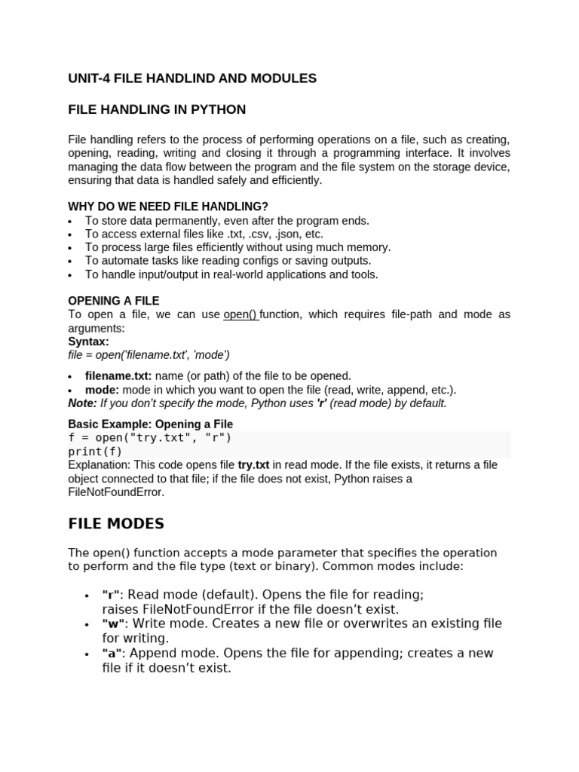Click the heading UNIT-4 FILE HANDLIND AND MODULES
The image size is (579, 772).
click(x=192, y=78)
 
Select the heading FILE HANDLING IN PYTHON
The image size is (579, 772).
click(x=157, y=110)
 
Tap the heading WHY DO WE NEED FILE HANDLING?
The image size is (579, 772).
click(x=168, y=207)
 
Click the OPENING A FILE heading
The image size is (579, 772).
click(x=114, y=301)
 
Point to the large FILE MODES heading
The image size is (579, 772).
click(x=116, y=523)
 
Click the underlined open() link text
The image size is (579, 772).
click(x=240, y=314)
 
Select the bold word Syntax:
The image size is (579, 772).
click(x=88, y=342)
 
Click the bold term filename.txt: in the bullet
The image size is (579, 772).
click(x=118, y=375)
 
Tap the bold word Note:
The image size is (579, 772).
click(x=82, y=403)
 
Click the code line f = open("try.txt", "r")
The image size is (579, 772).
click(x=150, y=438)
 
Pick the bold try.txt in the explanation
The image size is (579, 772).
click(x=253, y=465)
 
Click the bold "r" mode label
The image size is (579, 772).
click(x=112, y=596)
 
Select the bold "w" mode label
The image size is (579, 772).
click(x=113, y=624)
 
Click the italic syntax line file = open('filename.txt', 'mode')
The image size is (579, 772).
click(x=149, y=355)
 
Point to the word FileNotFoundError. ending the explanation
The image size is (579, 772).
click(x=115, y=492)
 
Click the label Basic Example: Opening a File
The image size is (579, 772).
click(x=151, y=424)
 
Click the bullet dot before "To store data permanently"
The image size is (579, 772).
click(x=70, y=222)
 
